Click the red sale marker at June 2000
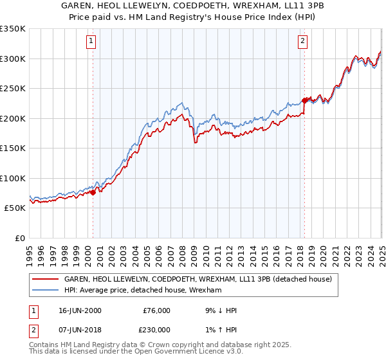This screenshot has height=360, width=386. (x=93, y=192)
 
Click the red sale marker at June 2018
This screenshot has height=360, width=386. (x=304, y=100)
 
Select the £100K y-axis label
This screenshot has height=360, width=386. (x=13, y=178)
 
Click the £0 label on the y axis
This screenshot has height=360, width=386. (x=19, y=238)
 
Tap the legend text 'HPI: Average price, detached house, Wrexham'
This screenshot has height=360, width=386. (x=142, y=290)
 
